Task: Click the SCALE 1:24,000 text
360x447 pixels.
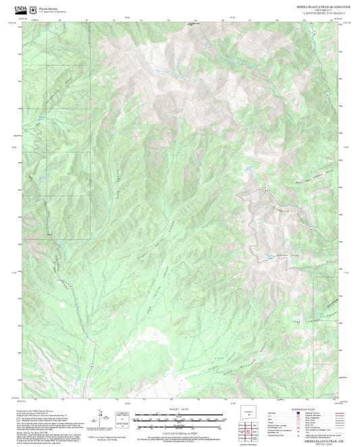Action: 179,409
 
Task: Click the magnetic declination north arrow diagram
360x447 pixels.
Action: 101,415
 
